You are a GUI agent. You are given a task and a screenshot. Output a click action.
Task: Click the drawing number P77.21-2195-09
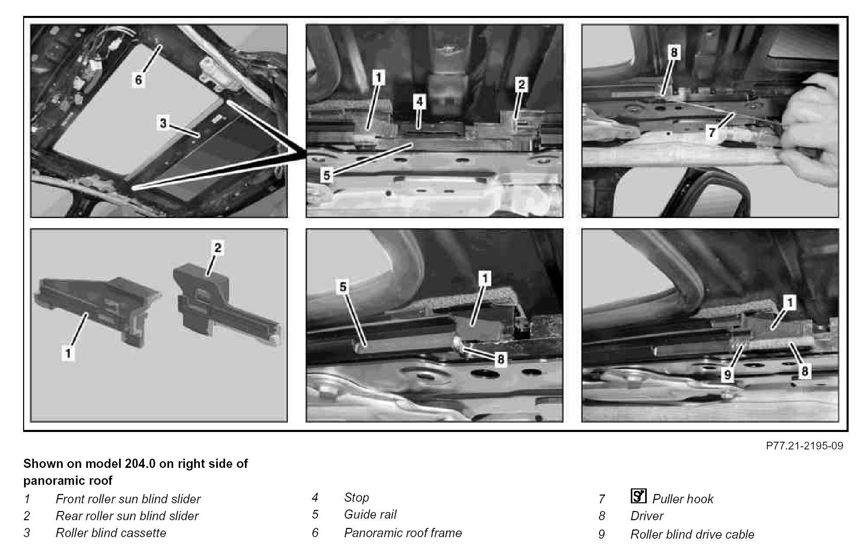804,445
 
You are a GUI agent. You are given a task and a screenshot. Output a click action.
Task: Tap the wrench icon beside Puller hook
639,496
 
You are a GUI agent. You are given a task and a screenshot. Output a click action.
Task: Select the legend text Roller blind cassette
111,533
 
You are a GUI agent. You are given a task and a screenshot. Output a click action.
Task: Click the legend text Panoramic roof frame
403,533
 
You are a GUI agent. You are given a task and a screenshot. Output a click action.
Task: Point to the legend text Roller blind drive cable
692,535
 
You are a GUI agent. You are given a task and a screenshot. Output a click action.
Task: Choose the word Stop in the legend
357,498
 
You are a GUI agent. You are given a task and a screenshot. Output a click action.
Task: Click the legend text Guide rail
370,515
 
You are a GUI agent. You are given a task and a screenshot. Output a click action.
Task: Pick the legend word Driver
647,516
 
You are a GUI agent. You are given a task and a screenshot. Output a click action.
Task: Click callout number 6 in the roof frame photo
139,80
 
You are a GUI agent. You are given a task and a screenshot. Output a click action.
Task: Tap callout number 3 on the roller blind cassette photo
163,123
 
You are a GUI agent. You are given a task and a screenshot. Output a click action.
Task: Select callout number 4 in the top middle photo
420,102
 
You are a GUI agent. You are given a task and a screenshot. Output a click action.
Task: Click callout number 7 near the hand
712,132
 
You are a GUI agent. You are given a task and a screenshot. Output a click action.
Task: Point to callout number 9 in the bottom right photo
727,375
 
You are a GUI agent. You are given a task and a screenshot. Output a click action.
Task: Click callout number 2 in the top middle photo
521,84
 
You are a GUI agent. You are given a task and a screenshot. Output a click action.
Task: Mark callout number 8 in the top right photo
674,52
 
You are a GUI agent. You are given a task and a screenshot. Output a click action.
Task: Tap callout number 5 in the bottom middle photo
343,287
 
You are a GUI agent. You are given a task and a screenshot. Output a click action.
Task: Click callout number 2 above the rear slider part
218,248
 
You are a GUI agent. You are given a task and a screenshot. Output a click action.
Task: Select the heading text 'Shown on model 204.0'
89,464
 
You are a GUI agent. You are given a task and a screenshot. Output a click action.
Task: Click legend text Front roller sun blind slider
128,499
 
